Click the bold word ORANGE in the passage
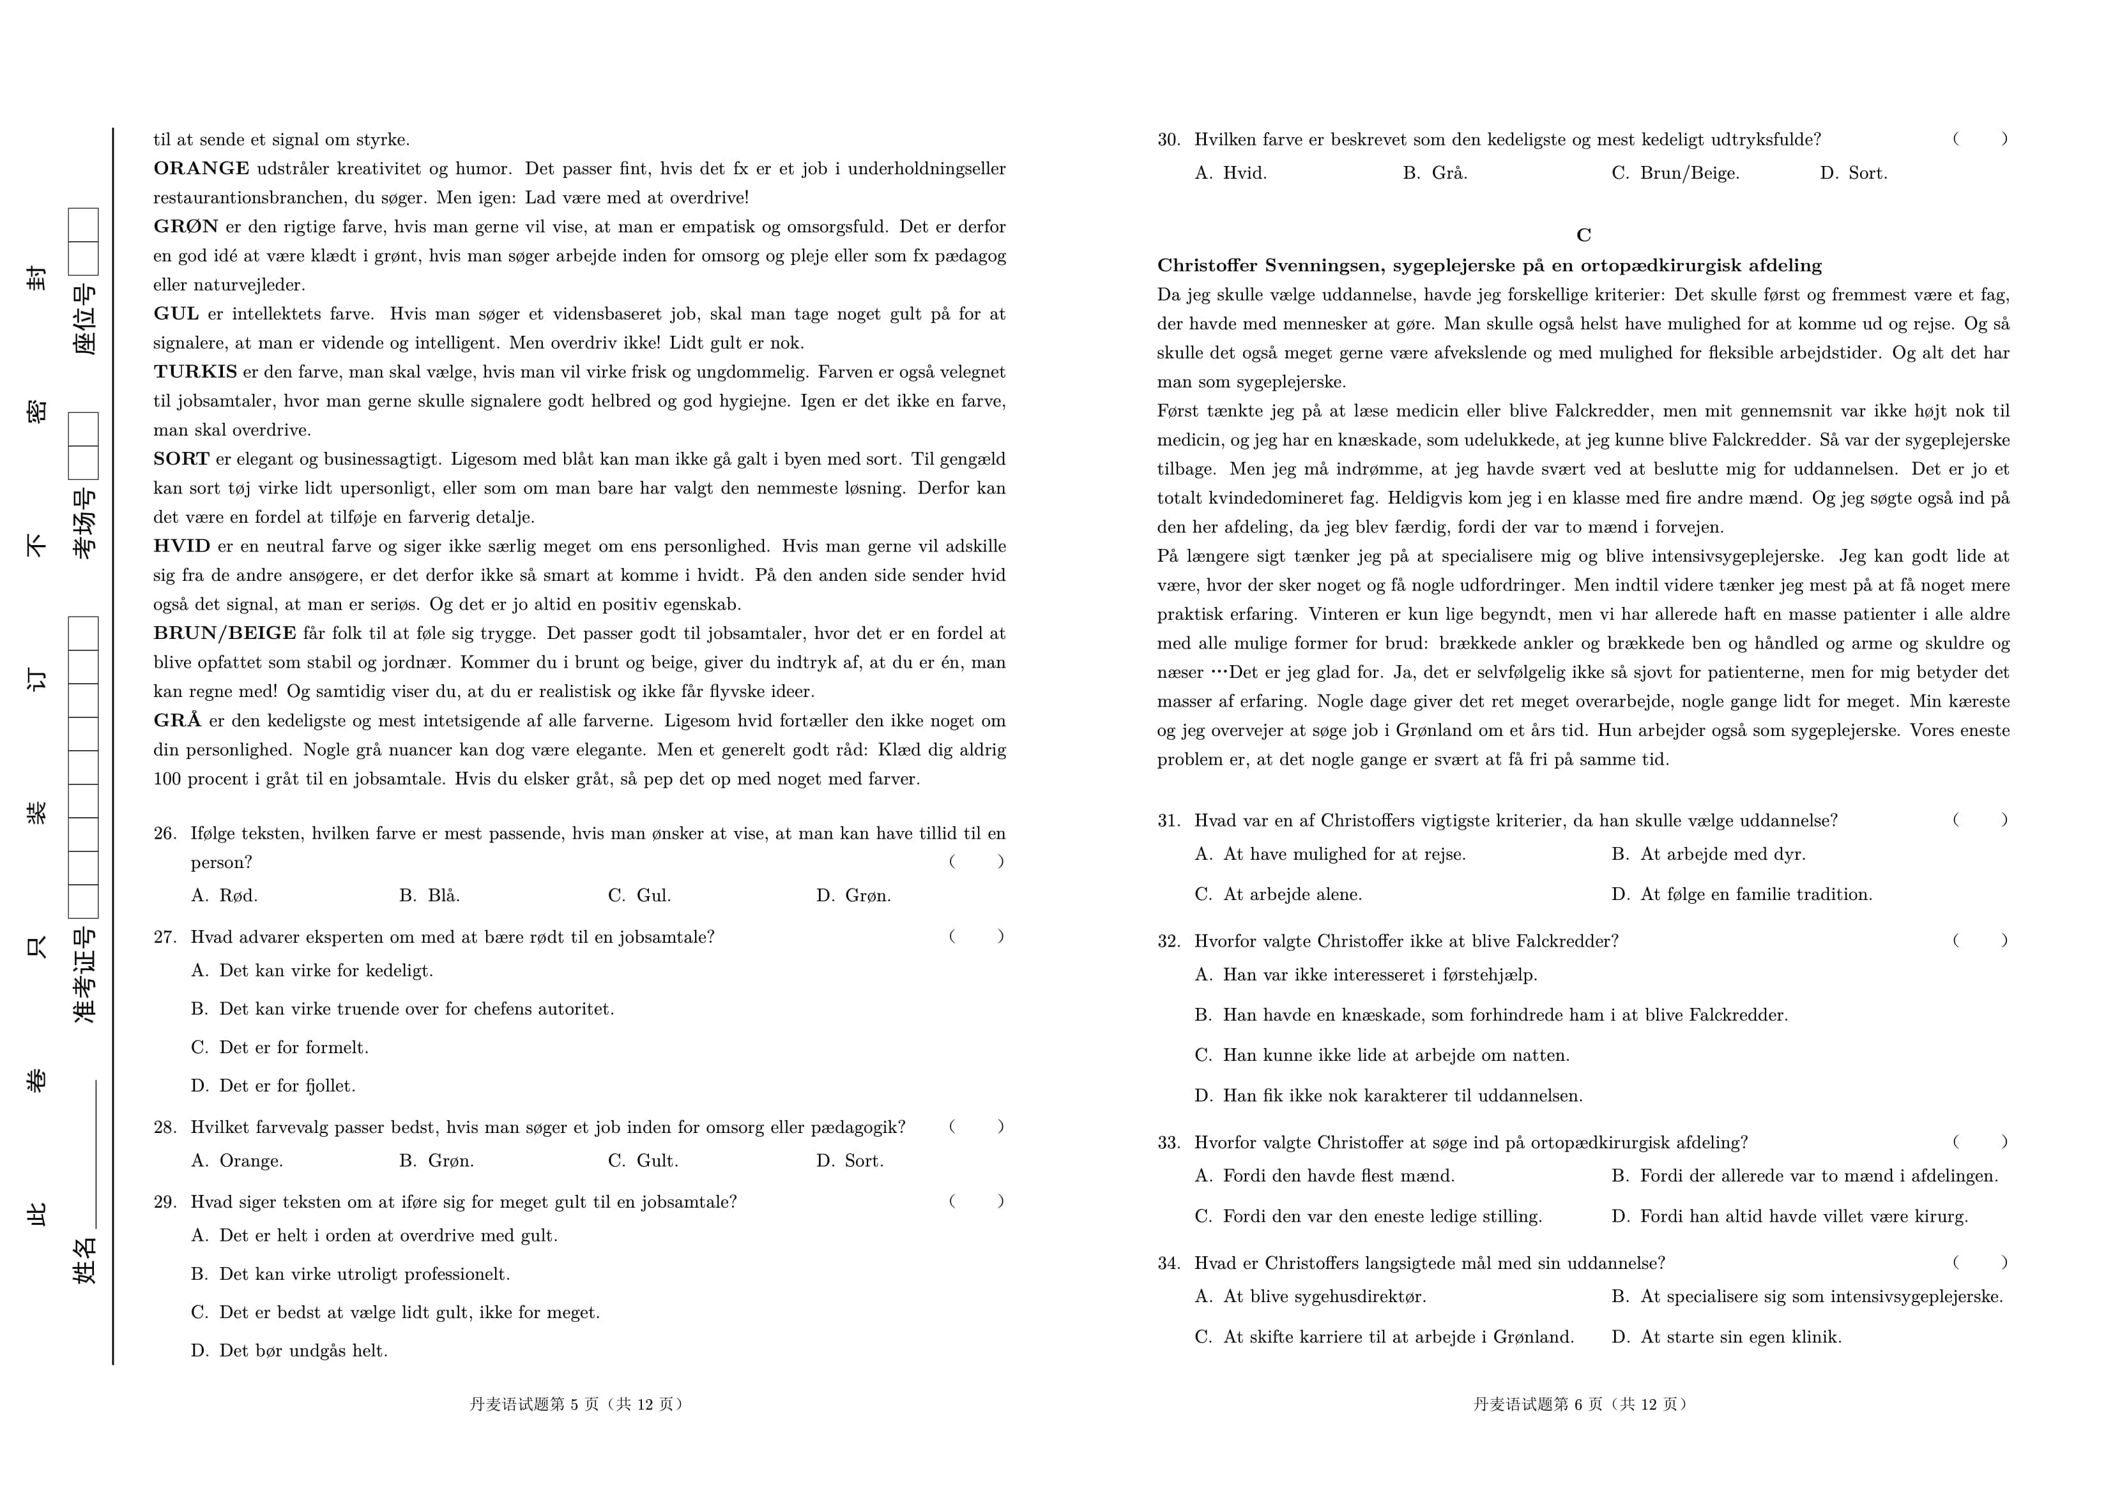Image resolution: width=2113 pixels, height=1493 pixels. (x=201, y=169)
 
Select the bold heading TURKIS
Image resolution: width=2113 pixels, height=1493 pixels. (x=195, y=371)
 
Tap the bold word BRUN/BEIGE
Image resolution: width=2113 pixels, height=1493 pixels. (x=225, y=633)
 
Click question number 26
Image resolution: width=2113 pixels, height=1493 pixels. (x=165, y=834)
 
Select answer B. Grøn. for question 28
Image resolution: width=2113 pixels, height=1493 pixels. (x=436, y=1161)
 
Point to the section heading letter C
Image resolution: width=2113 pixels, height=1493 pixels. (x=1583, y=236)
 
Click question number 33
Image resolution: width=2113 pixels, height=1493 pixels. (x=1169, y=1143)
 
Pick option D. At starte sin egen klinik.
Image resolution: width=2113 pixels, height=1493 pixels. (x=1727, y=1337)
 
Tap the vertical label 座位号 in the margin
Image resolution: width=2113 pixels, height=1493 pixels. (x=85, y=319)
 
